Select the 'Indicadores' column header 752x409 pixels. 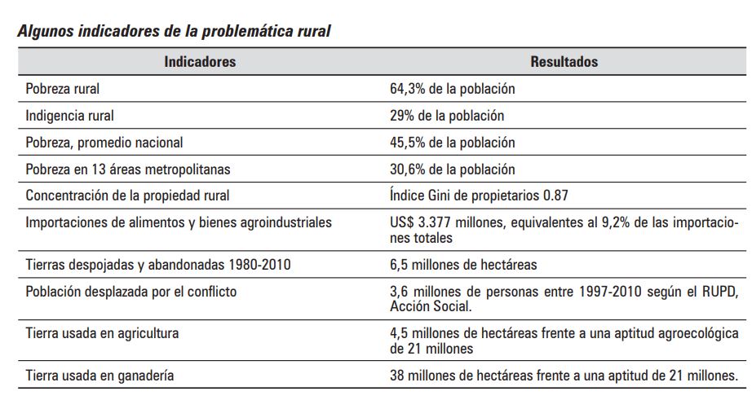tap(200, 62)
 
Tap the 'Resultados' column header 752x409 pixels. tap(564, 62)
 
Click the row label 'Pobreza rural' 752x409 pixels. tap(63, 89)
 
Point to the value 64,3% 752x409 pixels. tap(406, 89)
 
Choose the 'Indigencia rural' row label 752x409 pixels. tap(70, 116)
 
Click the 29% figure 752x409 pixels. tap(401, 116)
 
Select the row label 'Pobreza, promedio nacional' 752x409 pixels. tap(104, 143)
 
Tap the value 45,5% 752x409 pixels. tap(406, 143)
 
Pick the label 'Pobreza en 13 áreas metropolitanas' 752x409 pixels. tap(128, 169)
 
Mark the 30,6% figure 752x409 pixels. tap(406, 169)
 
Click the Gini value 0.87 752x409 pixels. tap(555, 196)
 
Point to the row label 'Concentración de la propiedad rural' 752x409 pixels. tap(127, 196)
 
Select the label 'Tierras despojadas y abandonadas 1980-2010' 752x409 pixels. tap(158, 265)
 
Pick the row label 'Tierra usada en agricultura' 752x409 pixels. tap(102, 334)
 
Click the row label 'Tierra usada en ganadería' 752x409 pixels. tap(100, 376)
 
